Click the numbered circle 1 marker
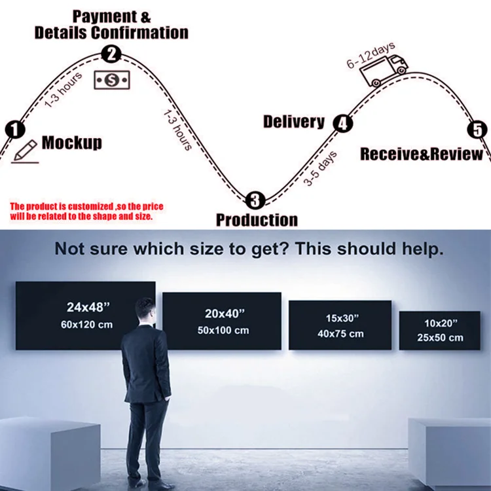pos(14,130)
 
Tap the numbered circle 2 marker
pos(112,54)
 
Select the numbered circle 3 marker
pos(255,200)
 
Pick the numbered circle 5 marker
pos(479,129)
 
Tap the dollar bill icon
pos(111,80)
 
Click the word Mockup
pos(72,142)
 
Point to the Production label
pos(257,220)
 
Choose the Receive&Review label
pos(422,155)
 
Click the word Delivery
pos(294,121)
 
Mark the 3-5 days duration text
pos(320,169)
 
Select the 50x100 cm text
pos(223,331)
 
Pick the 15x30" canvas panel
pos(340,326)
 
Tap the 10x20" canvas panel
pos(439,330)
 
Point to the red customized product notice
pos(86,211)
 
